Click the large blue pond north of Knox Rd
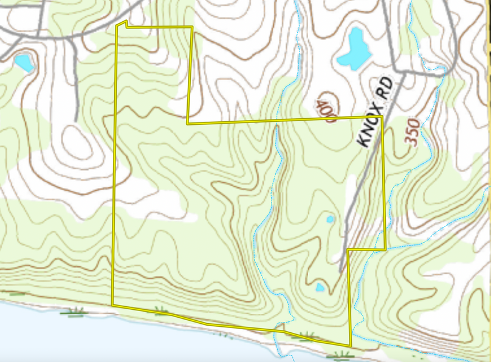pos(354,49)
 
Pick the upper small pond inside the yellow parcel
pos(330,218)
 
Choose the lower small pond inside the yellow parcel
pos(320,287)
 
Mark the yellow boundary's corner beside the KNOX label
pos(382,116)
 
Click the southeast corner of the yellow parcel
pos(351,346)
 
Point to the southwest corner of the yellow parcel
pos(112,304)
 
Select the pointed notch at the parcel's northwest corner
pos(124,22)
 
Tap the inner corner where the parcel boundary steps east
pos(188,122)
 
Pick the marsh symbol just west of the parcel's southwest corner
pos(76,312)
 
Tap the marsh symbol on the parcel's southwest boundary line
pos(161,312)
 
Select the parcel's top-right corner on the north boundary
pos(192,27)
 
